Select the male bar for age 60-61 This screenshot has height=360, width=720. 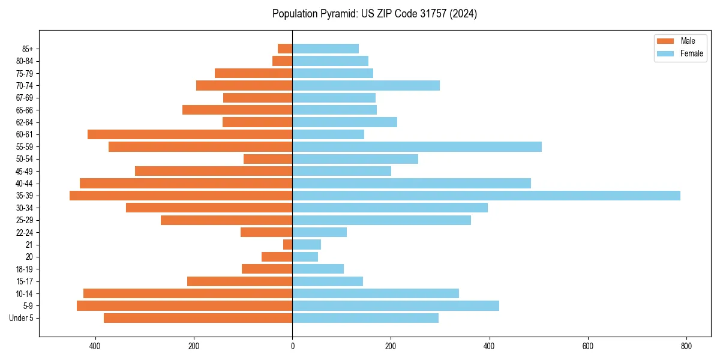(190, 134)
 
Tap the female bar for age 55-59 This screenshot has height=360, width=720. (417, 147)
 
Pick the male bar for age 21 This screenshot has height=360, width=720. (288, 245)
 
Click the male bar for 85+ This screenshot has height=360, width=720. (285, 49)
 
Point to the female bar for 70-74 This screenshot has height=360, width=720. (366, 86)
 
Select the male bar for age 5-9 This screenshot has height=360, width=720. (185, 306)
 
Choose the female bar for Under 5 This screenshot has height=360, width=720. (365, 318)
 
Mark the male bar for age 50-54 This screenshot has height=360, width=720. (268, 159)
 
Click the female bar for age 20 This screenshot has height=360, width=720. (305, 257)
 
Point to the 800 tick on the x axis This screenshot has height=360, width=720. (686, 346)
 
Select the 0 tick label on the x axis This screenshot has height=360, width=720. (292, 346)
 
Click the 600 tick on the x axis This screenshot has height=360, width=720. (588, 346)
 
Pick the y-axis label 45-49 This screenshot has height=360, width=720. (25, 172)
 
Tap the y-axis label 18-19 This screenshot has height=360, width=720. (25, 269)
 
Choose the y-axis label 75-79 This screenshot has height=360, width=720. (25, 74)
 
